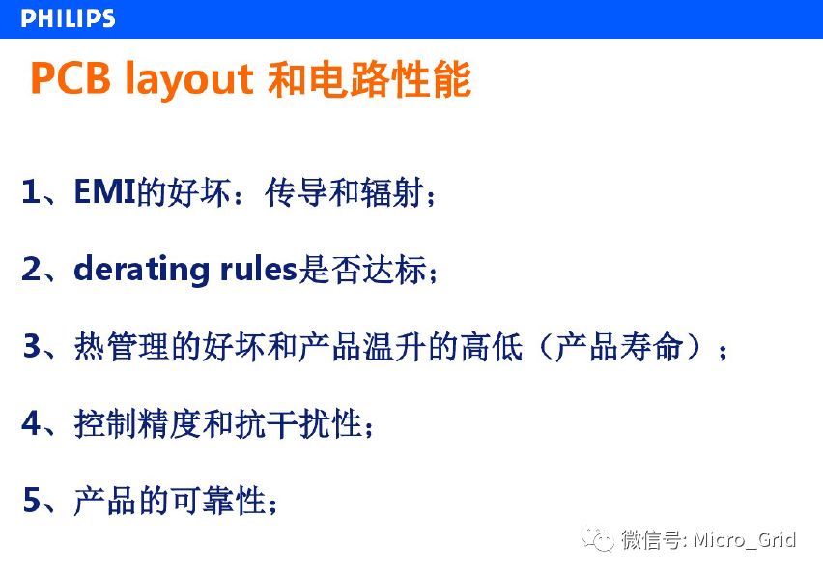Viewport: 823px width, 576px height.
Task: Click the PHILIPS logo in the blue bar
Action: coord(68,18)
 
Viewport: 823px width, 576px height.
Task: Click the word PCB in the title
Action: coord(71,78)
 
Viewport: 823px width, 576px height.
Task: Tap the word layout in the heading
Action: coord(189,81)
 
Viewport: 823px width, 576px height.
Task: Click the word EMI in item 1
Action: coord(105,191)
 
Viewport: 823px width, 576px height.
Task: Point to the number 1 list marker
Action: coord(31,191)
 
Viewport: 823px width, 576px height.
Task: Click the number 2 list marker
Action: coord(32,269)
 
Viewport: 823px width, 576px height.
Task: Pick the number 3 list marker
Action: coord(32,346)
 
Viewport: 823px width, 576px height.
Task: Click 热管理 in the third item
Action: coord(122,347)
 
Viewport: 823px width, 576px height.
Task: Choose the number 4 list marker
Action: coord(32,423)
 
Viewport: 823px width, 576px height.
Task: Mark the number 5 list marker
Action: coord(32,500)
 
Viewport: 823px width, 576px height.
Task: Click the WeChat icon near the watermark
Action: coord(598,539)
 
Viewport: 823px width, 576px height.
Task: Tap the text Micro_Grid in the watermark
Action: coord(744,540)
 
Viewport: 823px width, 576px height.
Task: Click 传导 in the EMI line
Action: coord(297,192)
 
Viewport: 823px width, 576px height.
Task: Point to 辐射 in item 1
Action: coord(392,192)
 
